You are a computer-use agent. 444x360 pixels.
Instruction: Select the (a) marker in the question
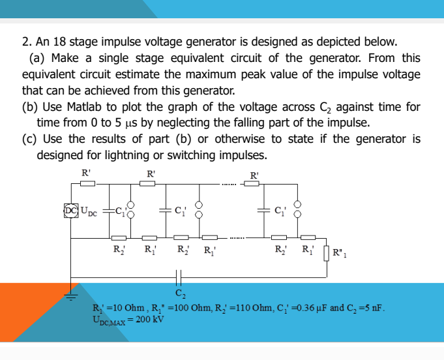(x=37, y=59)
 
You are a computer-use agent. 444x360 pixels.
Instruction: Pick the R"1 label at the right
(x=341, y=252)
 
